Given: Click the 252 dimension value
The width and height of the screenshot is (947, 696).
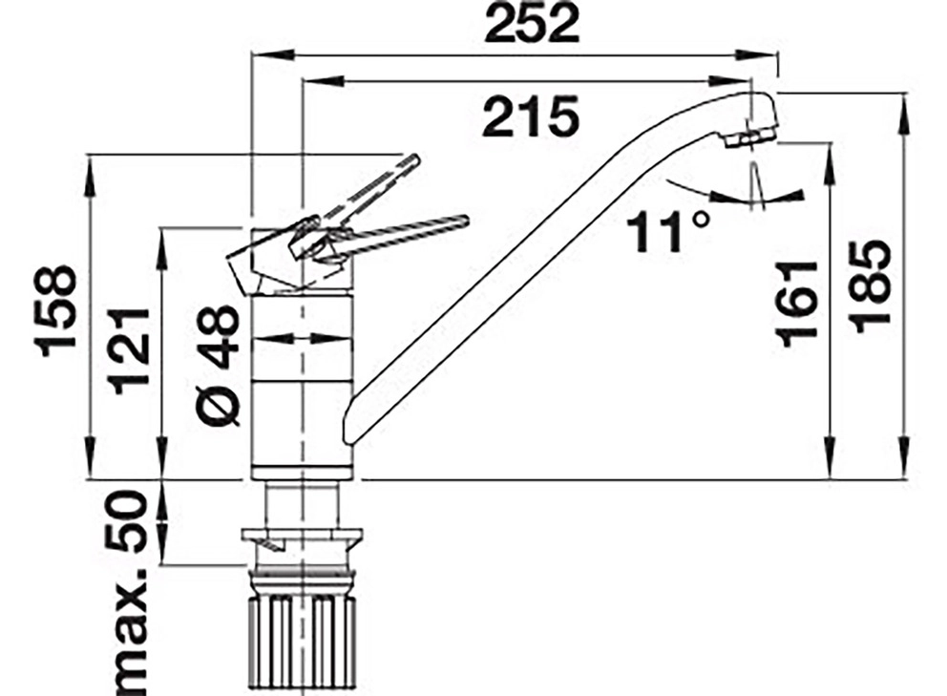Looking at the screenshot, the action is pos(532,24).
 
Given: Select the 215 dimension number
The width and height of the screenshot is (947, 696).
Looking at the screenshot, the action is pos(531,116).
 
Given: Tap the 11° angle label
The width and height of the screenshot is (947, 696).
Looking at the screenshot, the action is pos(667,233).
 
